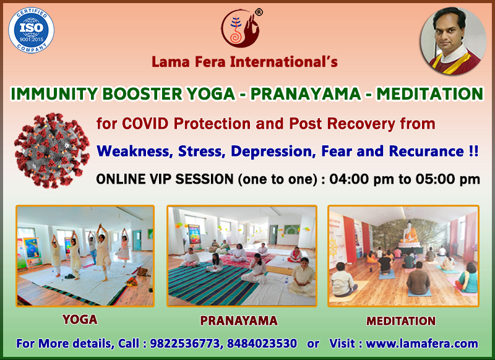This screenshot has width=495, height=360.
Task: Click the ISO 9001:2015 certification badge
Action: point(31,30)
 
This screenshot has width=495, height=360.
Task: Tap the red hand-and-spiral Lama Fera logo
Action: point(240,28)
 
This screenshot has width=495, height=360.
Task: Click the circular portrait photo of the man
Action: point(453,41)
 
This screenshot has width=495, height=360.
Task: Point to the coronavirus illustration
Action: point(52,150)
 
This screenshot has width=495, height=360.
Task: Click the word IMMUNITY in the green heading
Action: point(54,93)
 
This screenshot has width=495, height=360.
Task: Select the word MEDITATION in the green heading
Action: point(429,93)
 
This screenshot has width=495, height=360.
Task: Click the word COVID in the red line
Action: point(145,123)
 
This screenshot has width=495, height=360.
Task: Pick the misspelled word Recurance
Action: point(426,151)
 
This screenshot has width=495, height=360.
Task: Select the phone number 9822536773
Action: point(184,343)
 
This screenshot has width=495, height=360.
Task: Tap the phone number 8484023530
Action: point(262,343)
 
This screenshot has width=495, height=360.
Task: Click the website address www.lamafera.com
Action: point(422,343)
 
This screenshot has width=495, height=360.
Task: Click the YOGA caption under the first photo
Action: point(80,320)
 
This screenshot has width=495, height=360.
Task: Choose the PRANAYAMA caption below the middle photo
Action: point(239,320)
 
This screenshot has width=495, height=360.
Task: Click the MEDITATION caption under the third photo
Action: point(401,321)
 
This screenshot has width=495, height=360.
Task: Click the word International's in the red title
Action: point(284,61)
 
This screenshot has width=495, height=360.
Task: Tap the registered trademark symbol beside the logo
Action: point(259,12)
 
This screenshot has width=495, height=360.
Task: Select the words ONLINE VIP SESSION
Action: point(165,179)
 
